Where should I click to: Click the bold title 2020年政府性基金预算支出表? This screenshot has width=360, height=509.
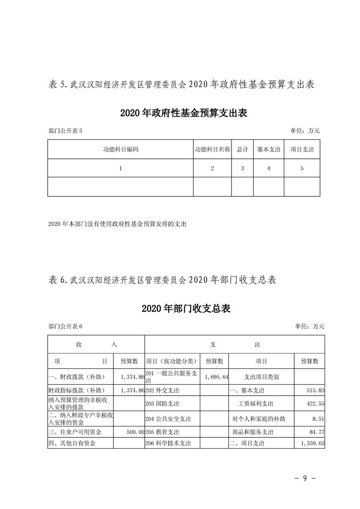click(183, 113)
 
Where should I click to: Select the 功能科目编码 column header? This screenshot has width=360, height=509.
click(120, 149)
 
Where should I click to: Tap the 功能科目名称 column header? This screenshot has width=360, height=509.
click(212, 149)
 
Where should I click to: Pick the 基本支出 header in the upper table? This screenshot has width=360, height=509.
click(269, 149)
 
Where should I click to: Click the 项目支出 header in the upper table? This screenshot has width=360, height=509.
click(302, 149)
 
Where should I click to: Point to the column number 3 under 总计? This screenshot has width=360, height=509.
click(242, 168)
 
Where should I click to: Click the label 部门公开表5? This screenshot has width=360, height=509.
click(64, 131)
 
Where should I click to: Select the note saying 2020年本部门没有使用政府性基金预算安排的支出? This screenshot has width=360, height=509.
click(117, 224)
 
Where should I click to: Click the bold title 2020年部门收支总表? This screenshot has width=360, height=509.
click(186, 309)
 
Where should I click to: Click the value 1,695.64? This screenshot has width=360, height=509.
click(216, 377)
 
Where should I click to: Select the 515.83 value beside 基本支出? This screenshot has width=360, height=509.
click(316, 391)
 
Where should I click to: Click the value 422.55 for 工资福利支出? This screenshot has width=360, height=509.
click(316, 404)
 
